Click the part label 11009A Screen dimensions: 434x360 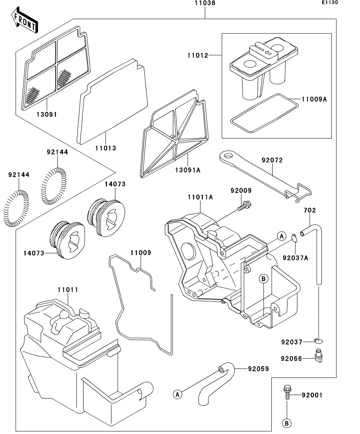pos(314,99)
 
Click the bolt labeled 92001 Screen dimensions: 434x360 pos(286,392)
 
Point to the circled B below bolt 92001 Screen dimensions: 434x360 pos(287,423)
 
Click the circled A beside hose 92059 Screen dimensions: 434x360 pos(177,394)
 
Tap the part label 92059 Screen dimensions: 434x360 pos(258,369)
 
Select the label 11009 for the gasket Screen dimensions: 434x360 pos(141,253)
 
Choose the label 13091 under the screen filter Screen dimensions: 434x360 pos(46,115)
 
